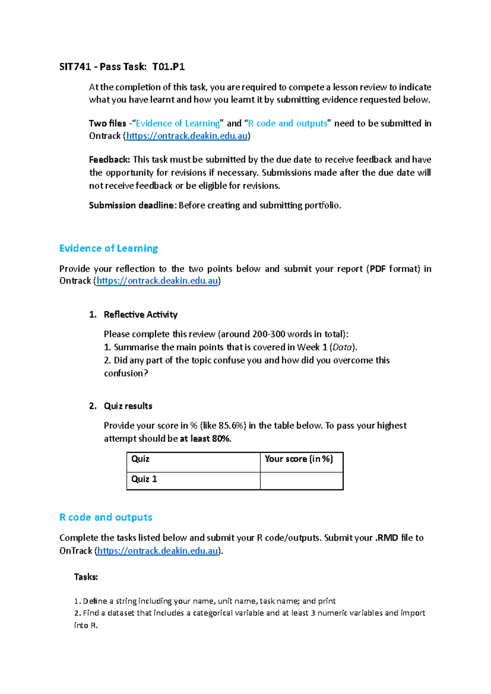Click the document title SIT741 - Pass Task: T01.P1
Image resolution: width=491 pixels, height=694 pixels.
click(122, 67)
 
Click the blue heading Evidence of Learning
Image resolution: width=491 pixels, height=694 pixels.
click(108, 248)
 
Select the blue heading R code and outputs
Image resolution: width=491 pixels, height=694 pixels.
click(106, 517)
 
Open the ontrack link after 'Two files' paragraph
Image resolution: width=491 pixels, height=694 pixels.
click(187, 136)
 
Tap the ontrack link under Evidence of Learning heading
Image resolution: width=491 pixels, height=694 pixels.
click(157, 281)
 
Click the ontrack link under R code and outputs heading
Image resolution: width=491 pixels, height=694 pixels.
click(158, 551)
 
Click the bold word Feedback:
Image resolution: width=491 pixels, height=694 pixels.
click(109, 160)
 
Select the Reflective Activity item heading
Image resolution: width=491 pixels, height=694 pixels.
click(140, 315)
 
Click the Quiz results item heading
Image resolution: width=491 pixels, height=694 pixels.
click(128, 406)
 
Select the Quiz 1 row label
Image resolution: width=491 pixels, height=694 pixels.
click(144, 479)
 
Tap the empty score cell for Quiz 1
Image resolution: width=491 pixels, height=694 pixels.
click(302, 481)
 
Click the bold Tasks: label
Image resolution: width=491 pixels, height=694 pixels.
click(86, 577)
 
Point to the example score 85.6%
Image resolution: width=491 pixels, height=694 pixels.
click(232, 426)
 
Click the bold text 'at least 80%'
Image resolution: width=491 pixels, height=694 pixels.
click(205, 439)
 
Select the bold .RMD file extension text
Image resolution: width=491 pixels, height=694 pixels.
click(387, 538)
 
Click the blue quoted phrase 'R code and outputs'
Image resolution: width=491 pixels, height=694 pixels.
click(288, 124)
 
